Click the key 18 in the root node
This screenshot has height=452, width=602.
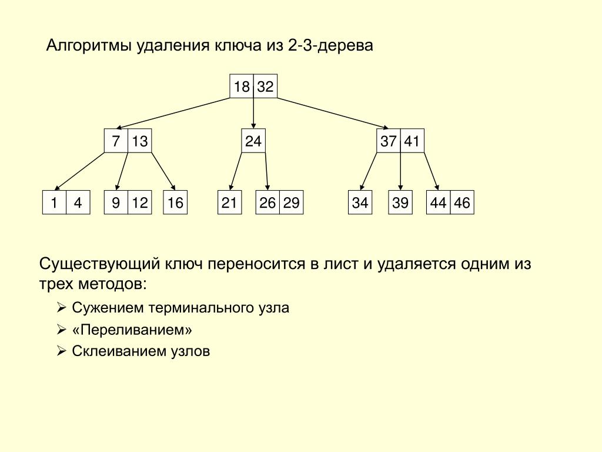242,86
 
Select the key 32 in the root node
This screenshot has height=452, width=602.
265,86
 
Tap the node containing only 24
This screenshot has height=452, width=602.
253,141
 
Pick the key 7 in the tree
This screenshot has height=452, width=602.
116,141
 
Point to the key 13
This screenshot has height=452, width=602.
140,141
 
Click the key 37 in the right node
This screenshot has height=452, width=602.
388,141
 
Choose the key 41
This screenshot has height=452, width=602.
412,141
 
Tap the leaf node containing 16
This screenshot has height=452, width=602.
175,202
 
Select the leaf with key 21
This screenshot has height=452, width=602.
230,202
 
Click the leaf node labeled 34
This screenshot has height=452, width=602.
360,202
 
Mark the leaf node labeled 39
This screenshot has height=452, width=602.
400,202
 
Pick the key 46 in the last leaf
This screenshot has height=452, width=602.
462,202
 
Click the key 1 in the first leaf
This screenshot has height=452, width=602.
54,202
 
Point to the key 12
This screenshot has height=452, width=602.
140,202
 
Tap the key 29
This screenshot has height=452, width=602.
292,202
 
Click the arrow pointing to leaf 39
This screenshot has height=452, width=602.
400,171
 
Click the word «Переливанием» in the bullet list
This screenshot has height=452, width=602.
132,330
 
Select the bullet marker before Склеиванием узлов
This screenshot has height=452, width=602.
61,351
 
